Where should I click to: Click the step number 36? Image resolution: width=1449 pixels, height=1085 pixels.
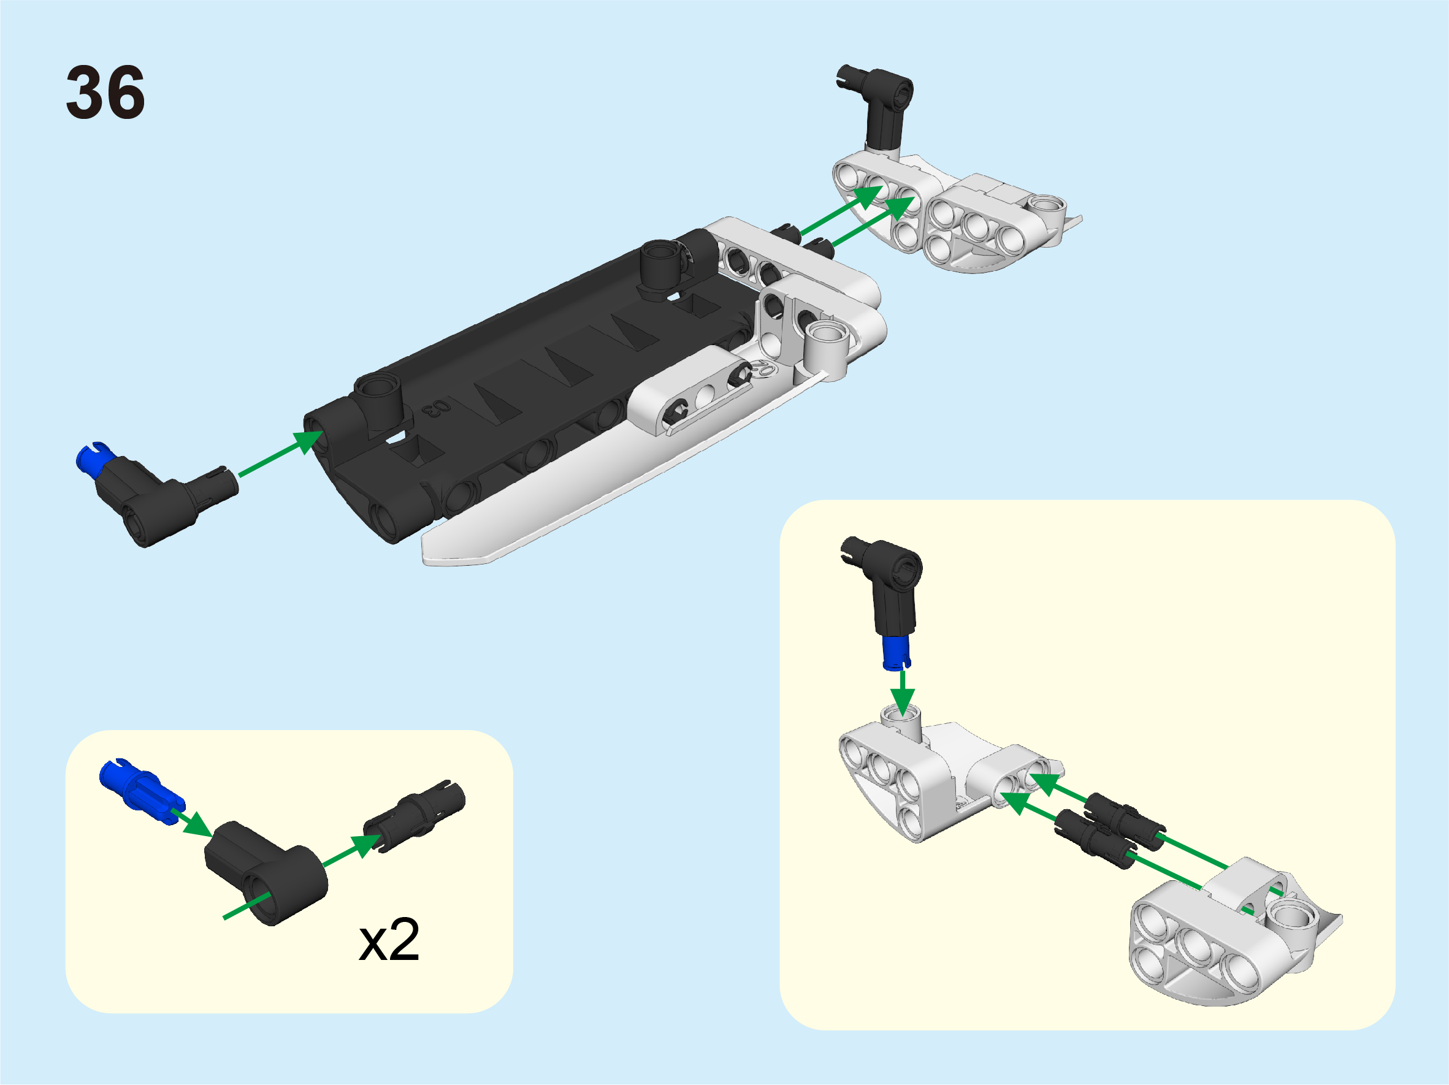[x=105, y=93]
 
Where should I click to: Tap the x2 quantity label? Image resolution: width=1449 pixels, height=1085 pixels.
[x=389, y=940]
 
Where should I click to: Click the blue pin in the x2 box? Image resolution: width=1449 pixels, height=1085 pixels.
[x=142, y=791]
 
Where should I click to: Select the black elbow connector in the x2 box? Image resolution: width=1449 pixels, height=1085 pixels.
[x=266, y=873]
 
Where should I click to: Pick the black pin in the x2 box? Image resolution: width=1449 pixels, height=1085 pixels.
[x=415, y=816]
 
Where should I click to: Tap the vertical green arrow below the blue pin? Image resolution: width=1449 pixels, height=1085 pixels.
[x=903, y=693]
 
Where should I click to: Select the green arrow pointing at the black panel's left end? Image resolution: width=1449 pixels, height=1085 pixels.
[x=280, y=453]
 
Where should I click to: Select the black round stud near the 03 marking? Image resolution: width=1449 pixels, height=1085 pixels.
[x=378, y=402]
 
